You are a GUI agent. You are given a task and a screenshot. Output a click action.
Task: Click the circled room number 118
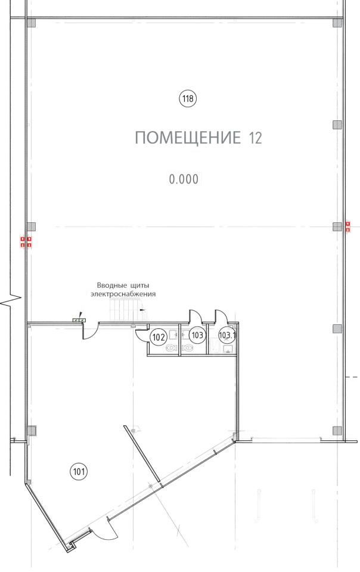point(188,98)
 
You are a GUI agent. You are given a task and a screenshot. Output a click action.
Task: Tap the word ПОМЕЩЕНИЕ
point(188,138)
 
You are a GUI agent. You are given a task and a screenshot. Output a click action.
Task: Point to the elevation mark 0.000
point(184,179)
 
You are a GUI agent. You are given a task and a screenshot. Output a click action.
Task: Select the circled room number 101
point(79,472)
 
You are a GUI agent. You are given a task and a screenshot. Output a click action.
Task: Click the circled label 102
point(159,337)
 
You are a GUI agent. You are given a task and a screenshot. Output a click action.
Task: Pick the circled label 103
point(197,335)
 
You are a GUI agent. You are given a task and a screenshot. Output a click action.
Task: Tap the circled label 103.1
point(227,335)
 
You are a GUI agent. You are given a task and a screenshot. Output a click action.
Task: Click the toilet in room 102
point(171,348)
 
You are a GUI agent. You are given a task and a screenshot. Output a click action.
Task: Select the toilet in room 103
point(188,347)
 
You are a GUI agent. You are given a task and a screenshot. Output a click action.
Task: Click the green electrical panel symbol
point(79,320)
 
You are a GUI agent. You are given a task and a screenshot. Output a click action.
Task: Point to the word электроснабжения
point(123,294)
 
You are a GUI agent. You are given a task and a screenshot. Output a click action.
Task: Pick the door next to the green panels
point(91,331)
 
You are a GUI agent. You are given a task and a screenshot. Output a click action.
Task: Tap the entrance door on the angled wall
point(105,530)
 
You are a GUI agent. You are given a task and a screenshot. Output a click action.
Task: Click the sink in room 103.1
point(228,350)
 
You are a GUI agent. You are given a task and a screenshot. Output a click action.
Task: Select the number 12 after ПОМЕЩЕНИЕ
point(255,138)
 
